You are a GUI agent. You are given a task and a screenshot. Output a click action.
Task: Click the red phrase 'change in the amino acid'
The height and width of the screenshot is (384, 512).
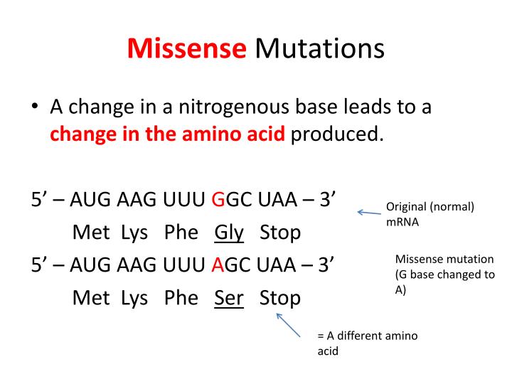167,134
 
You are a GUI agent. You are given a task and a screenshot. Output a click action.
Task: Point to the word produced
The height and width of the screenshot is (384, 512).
335,134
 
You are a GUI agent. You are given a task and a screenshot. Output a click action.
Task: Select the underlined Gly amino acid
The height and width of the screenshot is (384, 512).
229,233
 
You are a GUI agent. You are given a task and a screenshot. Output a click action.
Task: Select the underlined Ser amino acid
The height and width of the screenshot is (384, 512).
229,297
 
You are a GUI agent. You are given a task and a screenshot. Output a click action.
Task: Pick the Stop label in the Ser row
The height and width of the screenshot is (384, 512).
280,297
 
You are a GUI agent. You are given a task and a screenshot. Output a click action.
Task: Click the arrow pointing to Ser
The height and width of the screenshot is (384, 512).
288,325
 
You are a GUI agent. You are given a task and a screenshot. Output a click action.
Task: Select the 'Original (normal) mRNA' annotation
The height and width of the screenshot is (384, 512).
430,214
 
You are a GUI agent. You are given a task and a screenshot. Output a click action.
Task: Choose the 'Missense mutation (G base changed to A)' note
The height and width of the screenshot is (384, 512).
444,274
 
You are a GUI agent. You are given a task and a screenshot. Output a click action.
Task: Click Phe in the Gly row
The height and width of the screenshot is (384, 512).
181,233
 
